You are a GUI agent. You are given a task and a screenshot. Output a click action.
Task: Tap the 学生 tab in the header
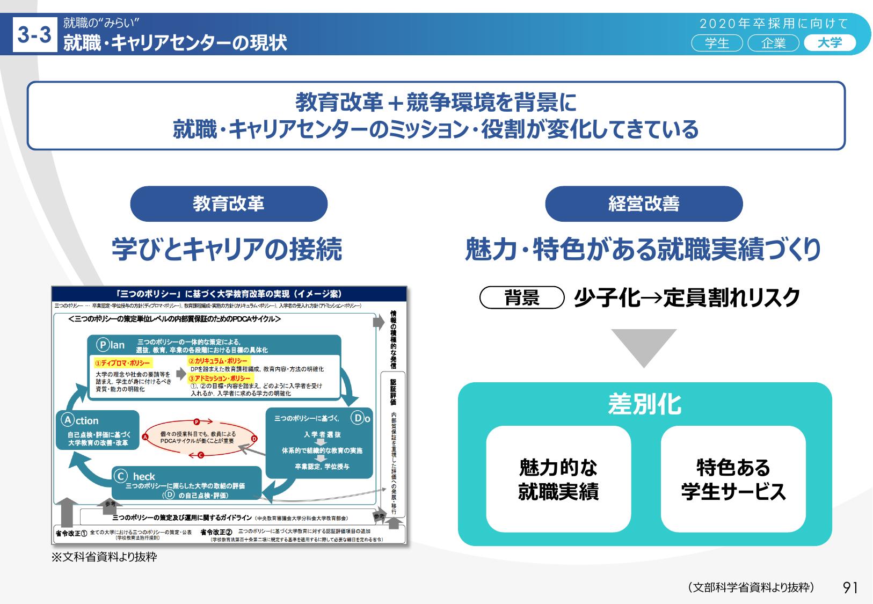(x=717, y=43)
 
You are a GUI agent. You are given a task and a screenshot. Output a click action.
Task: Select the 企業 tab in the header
(x=773, y=43)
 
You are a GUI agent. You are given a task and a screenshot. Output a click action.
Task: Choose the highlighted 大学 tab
(x=830, y=43)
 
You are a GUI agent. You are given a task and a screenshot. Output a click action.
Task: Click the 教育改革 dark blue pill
(x=229, y=203)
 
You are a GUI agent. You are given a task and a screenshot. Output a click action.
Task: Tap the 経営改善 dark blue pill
(x=644, y=203)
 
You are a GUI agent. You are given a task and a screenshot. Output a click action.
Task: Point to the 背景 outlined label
(x=521, y=297)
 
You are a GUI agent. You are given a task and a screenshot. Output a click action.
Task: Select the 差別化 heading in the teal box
(x=644, y=404)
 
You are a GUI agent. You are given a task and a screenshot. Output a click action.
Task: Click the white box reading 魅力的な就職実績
(x=558, y=479)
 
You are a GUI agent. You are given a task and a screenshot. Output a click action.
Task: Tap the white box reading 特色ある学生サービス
(x=733, y=479)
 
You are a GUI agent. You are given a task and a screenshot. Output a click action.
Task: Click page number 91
(x=850, y=587)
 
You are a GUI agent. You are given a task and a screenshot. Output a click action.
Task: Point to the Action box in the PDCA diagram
(x=97, y=430)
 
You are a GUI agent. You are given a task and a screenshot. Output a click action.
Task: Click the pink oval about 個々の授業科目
(x=198, y=438)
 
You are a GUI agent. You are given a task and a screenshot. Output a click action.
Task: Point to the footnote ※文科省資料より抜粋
(x=104, y=557)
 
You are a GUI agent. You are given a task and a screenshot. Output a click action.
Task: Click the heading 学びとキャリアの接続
(x=227, y=249)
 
